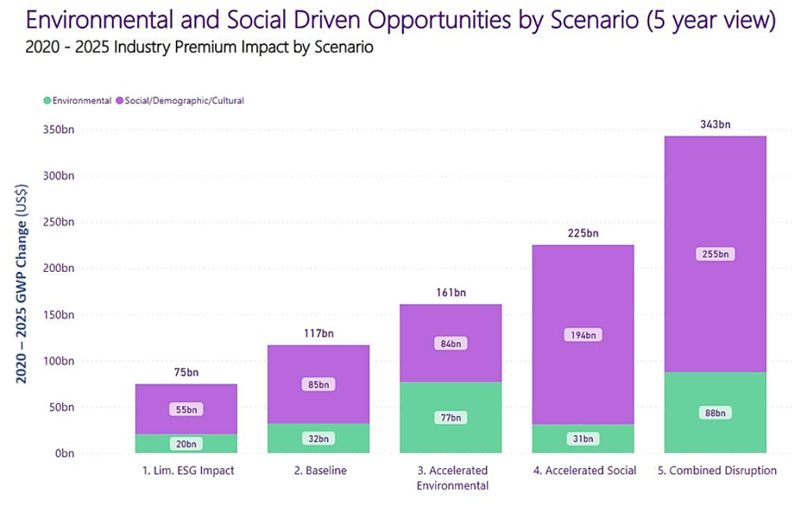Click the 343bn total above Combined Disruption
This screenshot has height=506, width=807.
pyautogui.click(x=715, y=124)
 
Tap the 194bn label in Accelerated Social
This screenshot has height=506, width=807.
pyautogui.click(x=582, y=335)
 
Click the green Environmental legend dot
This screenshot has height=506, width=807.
pyautogui.click(x=47, y=101)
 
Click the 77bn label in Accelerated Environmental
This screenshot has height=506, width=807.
pyautogui.click(x=450, y=418)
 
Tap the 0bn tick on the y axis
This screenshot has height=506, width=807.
pyautogui.click(x=63, y=453)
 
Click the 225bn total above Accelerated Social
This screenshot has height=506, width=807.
pyautogui.click(x=582, y=233)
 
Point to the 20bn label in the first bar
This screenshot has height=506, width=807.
pyautogui.click(x=186, y=444)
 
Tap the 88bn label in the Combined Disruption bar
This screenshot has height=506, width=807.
pyautogui.click(x=715, y=413)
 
